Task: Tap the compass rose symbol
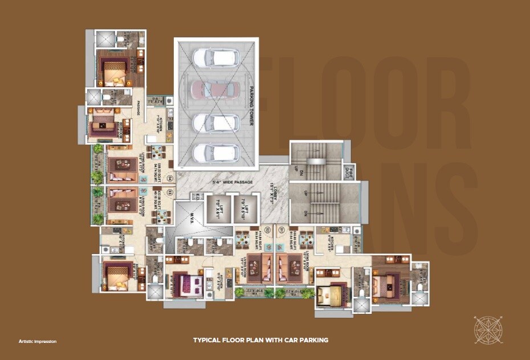[488, 330]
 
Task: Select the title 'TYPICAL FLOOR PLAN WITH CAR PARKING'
[260, 340]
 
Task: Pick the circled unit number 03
[169, 192]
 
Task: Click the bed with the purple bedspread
[187, 283]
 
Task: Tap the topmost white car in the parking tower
[216, 58]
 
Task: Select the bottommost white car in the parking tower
[216, 153]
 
